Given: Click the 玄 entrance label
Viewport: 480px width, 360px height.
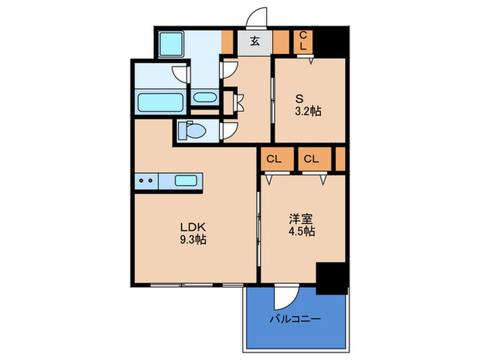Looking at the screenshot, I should pos(254,42).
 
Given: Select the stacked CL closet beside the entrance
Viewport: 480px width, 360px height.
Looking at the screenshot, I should pos(304,42).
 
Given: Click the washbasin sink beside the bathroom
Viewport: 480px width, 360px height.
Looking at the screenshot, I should pos(203,97).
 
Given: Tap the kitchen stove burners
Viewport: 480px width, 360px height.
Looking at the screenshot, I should pos(145,181).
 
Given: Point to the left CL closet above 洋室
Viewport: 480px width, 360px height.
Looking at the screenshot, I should pos(274,159).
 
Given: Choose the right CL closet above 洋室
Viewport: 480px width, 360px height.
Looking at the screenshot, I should pos(311,159).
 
